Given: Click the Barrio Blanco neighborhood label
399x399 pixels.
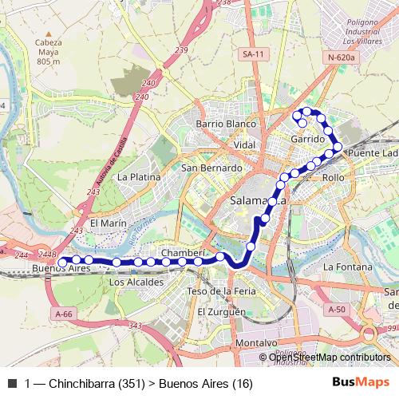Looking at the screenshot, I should tap(227, 124).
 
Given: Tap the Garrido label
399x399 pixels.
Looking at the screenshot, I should tap(308, 139).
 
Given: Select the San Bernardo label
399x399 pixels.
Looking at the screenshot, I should tap(211, 168).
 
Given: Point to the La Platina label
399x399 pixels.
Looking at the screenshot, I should tap(140, 176).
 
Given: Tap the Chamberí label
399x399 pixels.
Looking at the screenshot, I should tap(184, 253).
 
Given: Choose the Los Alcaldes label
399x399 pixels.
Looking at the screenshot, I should tap(136, 282).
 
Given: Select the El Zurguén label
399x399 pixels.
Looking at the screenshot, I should tap(222, 311).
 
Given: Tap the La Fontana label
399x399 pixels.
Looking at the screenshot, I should tap(348, 267).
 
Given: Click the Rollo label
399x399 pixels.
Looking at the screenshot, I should tap(333, 177).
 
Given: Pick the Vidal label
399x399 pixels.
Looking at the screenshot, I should tap(244, 144).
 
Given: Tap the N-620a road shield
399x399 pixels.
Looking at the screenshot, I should tap(342, 58).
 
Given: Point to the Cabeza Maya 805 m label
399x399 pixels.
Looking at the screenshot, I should tap(49, 51).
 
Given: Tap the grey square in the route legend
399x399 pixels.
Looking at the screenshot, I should tap(12, 384).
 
